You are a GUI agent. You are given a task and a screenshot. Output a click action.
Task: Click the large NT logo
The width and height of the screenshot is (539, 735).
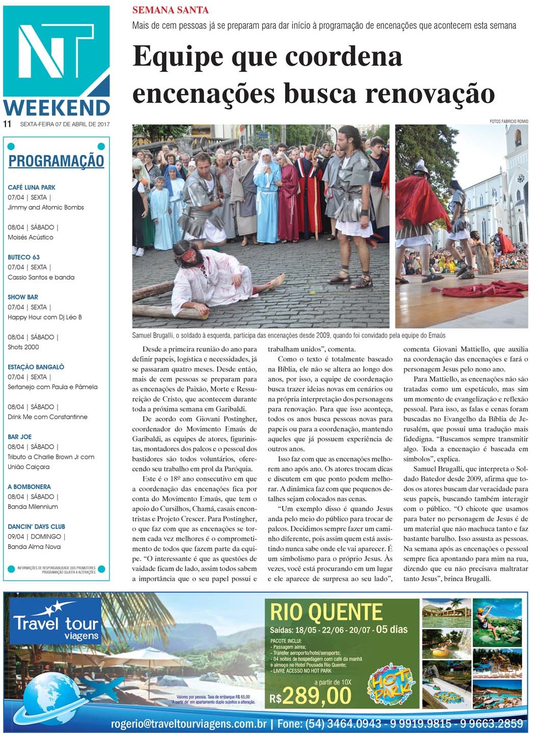(x=56, y=51)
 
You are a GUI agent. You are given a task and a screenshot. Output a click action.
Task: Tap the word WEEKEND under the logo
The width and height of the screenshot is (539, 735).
(x=57, y=107)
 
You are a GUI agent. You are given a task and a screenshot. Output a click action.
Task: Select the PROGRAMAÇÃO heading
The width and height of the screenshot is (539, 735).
(x=56, y=161)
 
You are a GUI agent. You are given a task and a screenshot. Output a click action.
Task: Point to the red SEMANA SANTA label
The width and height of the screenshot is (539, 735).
(x=170, y=10)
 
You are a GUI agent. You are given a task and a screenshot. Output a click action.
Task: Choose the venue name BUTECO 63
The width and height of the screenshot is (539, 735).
(x=23, y=257)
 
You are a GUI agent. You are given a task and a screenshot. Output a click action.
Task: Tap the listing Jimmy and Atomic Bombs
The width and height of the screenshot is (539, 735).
(x=46, y=207)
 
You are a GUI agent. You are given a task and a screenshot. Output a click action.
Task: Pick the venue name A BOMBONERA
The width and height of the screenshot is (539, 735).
(x=29, y=487)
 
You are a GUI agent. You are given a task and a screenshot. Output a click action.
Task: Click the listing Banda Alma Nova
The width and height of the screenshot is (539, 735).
(x=34, y=547)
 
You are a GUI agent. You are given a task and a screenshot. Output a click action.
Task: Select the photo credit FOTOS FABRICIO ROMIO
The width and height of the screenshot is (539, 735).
(x=508, y=121)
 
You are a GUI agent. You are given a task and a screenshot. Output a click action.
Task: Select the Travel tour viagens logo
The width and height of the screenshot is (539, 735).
(x=56, y=622)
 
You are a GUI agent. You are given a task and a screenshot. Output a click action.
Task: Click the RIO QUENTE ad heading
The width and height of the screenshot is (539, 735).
(x=326, y=612)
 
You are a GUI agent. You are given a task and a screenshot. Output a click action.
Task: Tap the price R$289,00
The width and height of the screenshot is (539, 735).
(x=311, y=696)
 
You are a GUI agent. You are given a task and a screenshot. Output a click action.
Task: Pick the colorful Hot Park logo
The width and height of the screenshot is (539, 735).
(x=391, y=684)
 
